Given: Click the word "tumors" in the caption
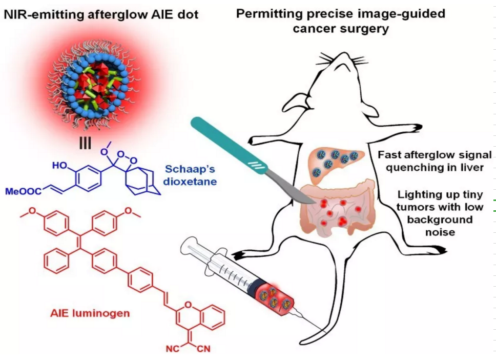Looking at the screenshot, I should pyautogui.click(x=417, y=208).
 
